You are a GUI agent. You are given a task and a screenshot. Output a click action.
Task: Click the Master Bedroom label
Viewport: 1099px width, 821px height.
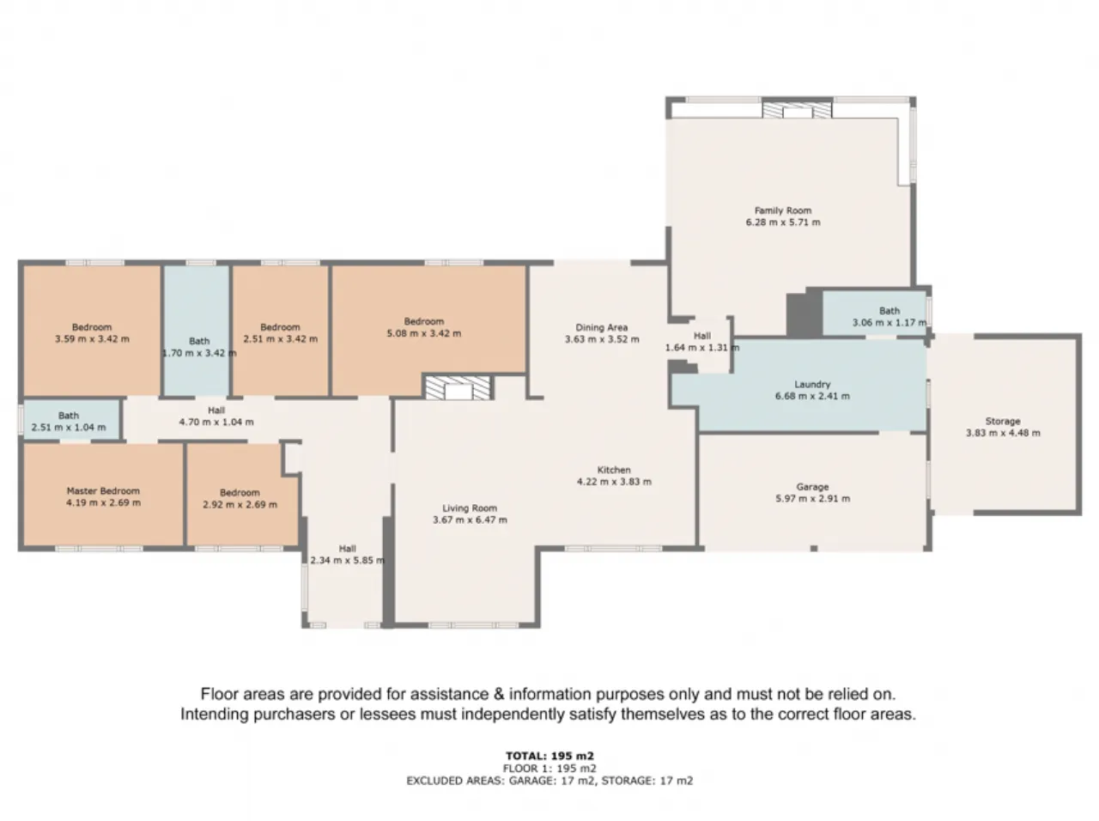[x=103, y=490]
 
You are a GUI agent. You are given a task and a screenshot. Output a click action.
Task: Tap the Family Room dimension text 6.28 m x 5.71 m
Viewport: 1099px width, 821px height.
[x=783, y=222]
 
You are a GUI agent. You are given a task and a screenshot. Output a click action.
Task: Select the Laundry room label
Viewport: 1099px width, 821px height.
[x=812, y=384]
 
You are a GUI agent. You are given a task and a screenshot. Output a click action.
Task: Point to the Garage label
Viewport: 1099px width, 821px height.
[x=812, y=487]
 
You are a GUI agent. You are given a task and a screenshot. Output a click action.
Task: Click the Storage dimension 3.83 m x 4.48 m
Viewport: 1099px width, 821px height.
[x=1003, y=433]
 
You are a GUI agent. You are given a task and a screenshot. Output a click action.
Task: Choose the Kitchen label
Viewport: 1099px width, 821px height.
[x=614, y=470]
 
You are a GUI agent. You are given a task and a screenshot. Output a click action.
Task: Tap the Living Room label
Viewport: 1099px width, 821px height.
[x=470, y=508]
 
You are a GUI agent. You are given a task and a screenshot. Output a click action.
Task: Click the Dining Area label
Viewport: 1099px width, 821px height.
[x=601, y=327]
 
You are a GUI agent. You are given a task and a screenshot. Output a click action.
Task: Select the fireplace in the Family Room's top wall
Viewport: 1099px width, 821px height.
[x=797, y=108]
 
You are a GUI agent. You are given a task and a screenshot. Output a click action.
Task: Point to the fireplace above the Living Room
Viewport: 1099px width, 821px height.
[x=458, y=388]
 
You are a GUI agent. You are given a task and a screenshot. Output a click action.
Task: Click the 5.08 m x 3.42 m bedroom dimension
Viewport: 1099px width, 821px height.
[x=423, y=333]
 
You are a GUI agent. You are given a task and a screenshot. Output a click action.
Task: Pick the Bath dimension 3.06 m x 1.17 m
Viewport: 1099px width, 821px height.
[x=890, y=323]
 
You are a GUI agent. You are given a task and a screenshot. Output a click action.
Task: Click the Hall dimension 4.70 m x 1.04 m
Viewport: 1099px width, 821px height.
[x=216, y=422]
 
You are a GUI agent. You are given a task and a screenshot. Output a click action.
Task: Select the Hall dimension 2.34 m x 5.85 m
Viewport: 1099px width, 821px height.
[x=348, y=560]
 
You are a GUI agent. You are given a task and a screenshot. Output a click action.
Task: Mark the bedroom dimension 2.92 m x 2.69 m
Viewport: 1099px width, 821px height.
[x=240, y=505]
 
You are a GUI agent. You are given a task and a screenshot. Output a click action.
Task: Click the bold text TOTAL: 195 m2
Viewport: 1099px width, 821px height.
[x=549, y=756]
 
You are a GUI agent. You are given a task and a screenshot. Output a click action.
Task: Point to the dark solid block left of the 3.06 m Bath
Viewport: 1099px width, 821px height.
[x=805, y=315]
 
